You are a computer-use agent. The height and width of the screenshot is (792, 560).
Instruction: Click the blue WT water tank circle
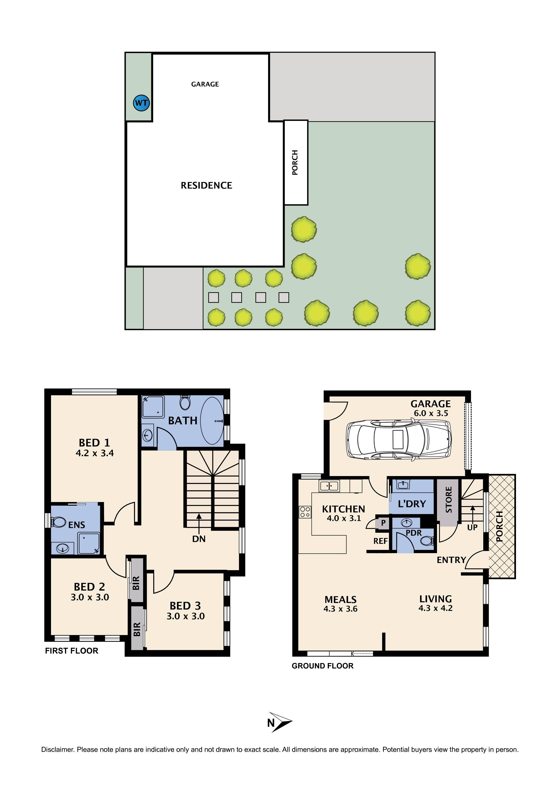click(x=141, y=103)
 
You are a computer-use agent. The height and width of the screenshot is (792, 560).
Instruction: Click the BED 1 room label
click(x=94, y=443)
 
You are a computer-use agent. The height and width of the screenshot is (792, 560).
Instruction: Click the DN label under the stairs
click(x=199, y=539)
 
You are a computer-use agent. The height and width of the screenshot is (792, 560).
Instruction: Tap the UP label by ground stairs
click(x=472, y=527)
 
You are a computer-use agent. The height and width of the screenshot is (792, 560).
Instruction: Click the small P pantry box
click(x=383, y=523)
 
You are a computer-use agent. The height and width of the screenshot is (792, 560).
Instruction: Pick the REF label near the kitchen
click(x=380, y=541)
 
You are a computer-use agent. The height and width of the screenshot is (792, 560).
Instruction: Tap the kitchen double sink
click(x=330, y=486)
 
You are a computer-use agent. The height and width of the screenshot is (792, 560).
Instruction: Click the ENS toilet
click(x=59, y=522)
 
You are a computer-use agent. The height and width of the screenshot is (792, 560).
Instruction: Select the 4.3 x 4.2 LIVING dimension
click(x=435, y=608)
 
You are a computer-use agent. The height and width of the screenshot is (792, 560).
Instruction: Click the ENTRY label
click(x=451, y=560)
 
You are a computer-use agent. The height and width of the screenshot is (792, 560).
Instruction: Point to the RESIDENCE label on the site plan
click(x=206, y=186)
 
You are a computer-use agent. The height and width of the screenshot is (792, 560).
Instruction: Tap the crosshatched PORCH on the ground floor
click(x=502, y=526)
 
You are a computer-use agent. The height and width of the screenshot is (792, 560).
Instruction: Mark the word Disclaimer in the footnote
click(x=58, y=750)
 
